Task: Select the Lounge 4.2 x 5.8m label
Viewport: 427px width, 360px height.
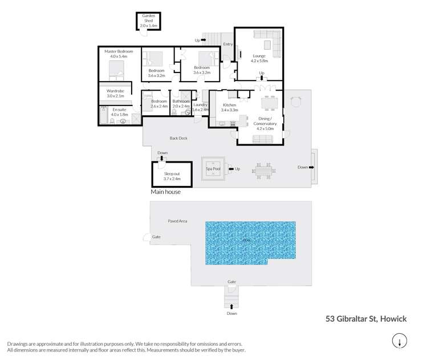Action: [x=259, y=58]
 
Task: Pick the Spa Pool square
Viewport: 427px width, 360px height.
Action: [x=213, y=169]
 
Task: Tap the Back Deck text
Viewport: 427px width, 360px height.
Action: [x=178, y=138]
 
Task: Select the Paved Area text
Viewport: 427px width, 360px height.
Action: [x=177, y=221]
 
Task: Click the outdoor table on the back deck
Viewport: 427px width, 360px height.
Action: [x=263, y=169]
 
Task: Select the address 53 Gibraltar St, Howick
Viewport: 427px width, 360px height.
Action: [x=366, y=319]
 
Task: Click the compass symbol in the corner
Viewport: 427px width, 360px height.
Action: [x=400, y=341]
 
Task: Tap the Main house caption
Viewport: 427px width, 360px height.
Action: [x=165, y=192]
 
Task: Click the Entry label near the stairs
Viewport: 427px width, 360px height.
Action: [x=228, y=44]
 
